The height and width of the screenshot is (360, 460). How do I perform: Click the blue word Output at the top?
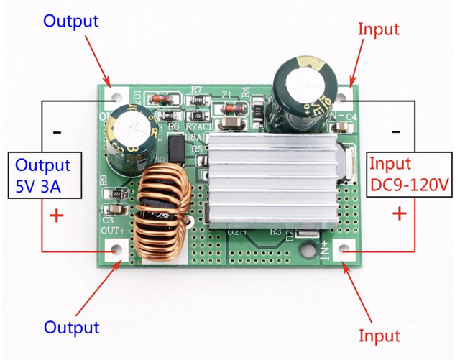70,21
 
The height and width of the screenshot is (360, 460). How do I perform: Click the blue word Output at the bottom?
71,328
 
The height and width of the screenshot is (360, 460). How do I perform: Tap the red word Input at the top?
379,29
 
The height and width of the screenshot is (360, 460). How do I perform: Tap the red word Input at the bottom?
379,336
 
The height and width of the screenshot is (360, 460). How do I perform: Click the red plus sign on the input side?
400,213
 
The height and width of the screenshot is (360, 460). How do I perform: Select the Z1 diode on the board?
232,109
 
